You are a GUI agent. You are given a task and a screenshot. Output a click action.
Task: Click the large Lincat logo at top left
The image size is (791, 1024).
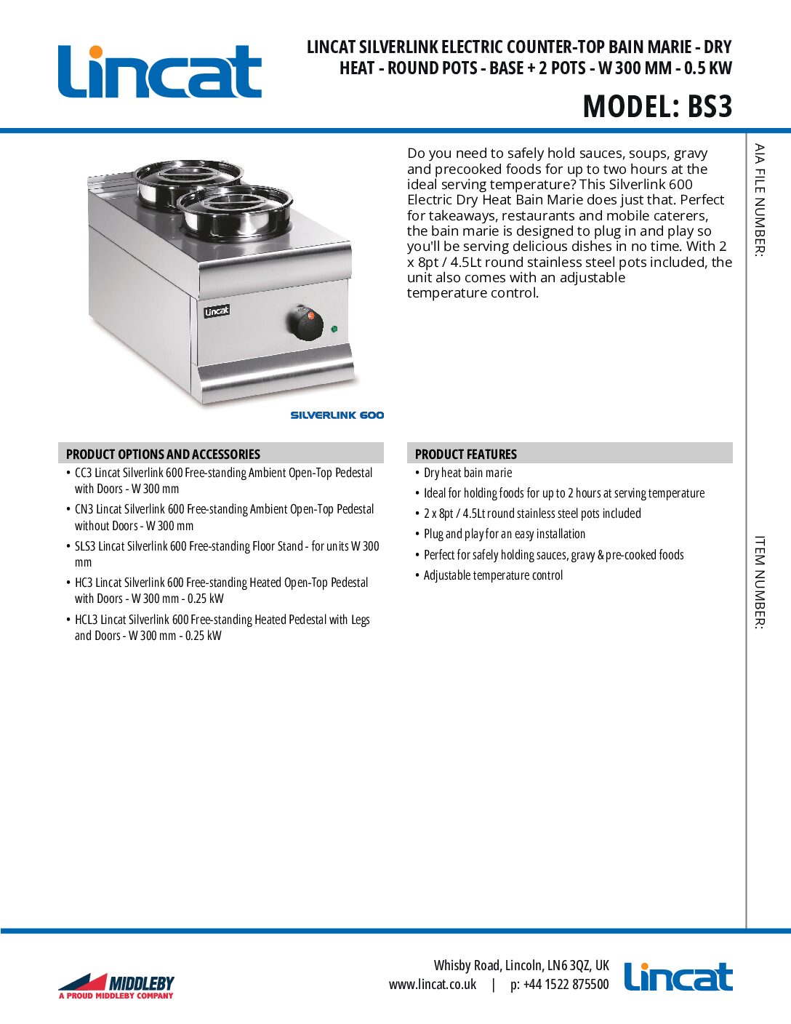click(159, 71)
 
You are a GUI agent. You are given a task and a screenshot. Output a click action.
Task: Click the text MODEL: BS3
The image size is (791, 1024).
click(657, 106)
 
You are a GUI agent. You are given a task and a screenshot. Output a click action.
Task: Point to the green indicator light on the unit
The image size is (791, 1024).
click(334, 329)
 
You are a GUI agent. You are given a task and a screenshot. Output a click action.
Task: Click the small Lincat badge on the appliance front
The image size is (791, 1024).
click(217, 311)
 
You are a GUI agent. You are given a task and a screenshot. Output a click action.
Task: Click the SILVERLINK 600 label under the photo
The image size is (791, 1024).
click(337, 415)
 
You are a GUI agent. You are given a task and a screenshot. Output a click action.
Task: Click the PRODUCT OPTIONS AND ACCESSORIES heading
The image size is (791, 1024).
click(163, 454)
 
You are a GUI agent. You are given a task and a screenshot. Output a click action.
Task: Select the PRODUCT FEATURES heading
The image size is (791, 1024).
click(465, 454)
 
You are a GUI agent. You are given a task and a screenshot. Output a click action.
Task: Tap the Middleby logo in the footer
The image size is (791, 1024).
click(116, 986)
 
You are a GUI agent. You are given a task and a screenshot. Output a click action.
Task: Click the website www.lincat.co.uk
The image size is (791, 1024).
click(433, 985)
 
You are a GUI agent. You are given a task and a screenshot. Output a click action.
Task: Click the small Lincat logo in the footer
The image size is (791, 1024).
click(678, 977)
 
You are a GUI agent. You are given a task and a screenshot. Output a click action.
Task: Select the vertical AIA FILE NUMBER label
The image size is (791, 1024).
click(759, 200)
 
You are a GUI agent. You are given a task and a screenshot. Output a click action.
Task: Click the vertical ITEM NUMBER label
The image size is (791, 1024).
click(759, 583)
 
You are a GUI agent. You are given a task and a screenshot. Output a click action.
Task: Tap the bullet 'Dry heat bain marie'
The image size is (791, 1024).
click(467, 473)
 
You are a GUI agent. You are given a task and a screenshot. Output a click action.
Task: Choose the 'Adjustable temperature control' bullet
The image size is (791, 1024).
click(493, 575)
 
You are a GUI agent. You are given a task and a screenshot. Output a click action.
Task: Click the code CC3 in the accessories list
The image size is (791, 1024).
click(83, 473)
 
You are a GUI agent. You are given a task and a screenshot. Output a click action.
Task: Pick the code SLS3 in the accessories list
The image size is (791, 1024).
click(85, 546)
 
